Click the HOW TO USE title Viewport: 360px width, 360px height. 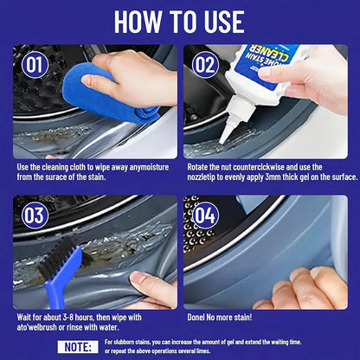point(180,20)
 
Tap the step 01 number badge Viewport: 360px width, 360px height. point(35,64)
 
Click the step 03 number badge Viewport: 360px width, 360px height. point(35,215)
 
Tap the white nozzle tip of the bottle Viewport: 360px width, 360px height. point(227,134)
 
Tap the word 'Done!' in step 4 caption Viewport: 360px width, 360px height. point(199,317)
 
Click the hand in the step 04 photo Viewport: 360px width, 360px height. point(303,292)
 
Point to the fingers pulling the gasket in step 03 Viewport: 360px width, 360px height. point(151,286)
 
